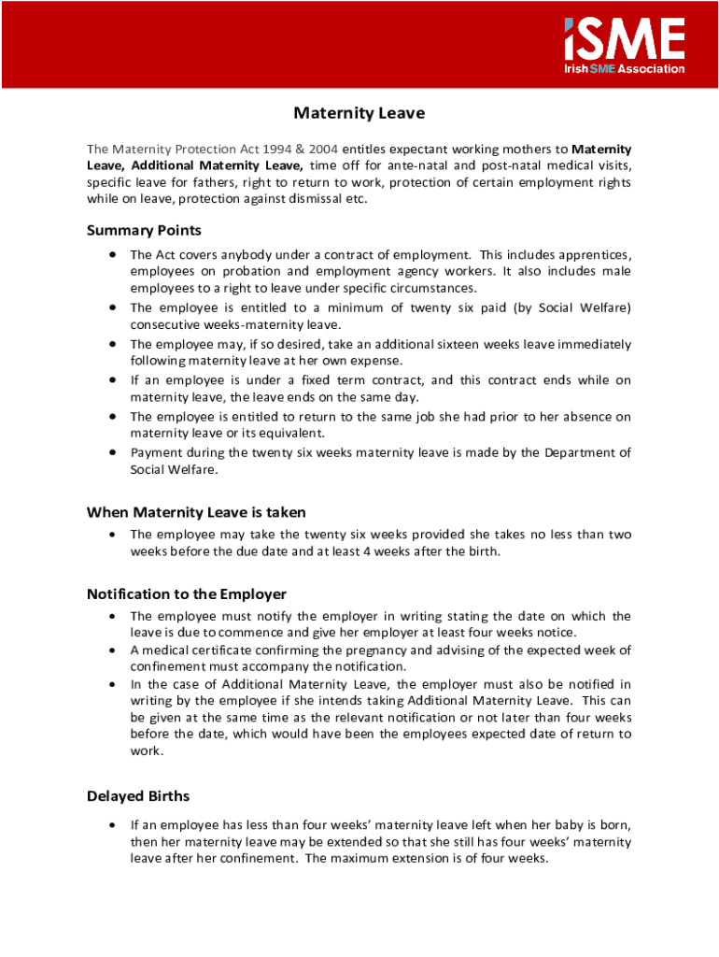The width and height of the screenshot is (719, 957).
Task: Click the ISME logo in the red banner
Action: (x=624, y=38)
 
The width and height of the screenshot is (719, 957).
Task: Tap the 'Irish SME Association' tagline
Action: (x=624, y=68)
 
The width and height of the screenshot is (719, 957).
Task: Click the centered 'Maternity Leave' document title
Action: (x=359, y=113)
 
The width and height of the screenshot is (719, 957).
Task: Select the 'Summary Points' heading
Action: (x=144, y=230)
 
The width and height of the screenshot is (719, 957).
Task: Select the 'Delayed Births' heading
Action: (x=138, y=796)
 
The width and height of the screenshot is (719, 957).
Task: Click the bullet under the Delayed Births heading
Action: (x=112, y=825)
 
